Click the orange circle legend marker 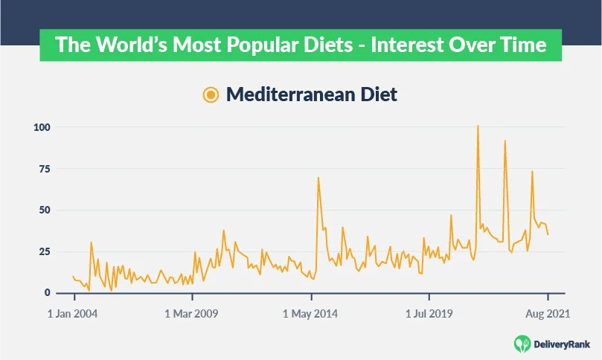point(211,94)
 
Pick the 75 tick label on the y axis point(44,169)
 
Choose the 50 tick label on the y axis point(44,210)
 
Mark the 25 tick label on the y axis point(44,251)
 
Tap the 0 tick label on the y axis point(47,293)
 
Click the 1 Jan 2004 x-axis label point(72,314)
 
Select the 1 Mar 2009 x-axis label point(190,314)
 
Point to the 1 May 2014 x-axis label point(310,314)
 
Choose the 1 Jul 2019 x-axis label point(429,314)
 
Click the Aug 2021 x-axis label point(547,314)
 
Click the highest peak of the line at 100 point(478,126)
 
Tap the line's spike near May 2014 point(318,178)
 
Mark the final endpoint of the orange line point(548,235)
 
